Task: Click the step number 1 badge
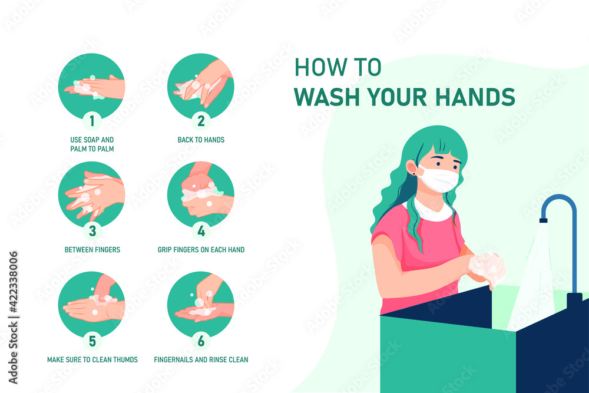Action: click(92, 121)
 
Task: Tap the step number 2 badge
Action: click(201, 121)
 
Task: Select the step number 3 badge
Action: click(92, 231)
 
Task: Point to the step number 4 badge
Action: click(201, 231)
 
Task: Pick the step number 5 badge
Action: click(92, 341)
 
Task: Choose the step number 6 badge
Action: click(201, 341)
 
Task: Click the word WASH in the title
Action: click(327, 97)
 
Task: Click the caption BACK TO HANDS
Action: click(201, 140)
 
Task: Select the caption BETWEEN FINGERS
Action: click(92, 249)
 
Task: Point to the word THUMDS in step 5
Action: click(125, 359)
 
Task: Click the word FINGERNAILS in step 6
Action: click(173, 359)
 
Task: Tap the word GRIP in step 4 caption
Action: click(164, 249)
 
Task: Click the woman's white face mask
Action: click(439, 179)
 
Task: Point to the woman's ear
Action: click(412, 168)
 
